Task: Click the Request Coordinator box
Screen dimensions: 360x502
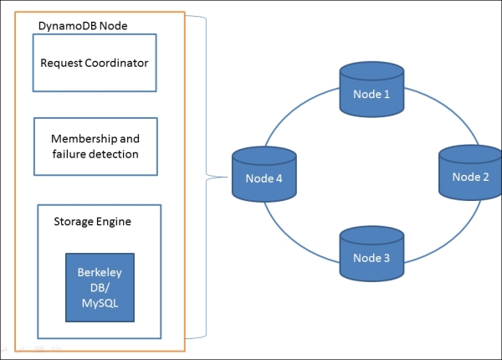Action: click(95, 63)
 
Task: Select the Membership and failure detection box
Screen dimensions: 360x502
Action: click(95, 147)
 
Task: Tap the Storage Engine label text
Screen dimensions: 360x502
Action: click(92, 221)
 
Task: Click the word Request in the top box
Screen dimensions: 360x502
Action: click(62, 63)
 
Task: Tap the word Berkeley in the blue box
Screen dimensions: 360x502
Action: click(95, 272)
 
